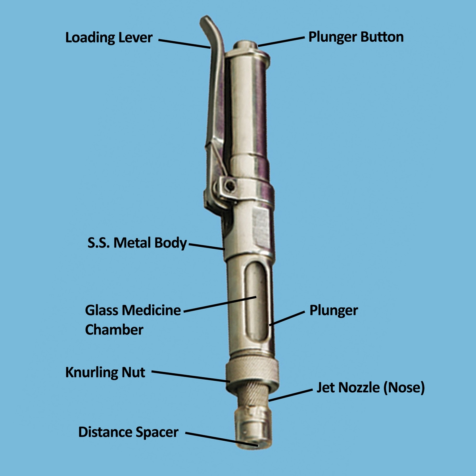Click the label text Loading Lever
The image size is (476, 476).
click(x=109, y=38)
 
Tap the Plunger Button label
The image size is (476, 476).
click(x=356, y=37)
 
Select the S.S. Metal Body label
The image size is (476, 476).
click(x=137, y=243)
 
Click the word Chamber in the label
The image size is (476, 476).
click(x=114, y=330)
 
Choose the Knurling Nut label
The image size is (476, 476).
click(x=105, y=372)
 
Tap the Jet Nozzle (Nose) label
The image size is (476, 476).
click(x=370, y=388)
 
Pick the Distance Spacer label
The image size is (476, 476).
click(x=128, y=432)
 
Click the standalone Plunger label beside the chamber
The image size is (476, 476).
click(x=334, y=310)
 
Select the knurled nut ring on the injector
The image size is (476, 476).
click(x=252, y=373)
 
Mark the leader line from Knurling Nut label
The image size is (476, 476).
click(x=190, y=376)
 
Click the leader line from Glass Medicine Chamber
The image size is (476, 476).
click(x=220, y=304)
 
